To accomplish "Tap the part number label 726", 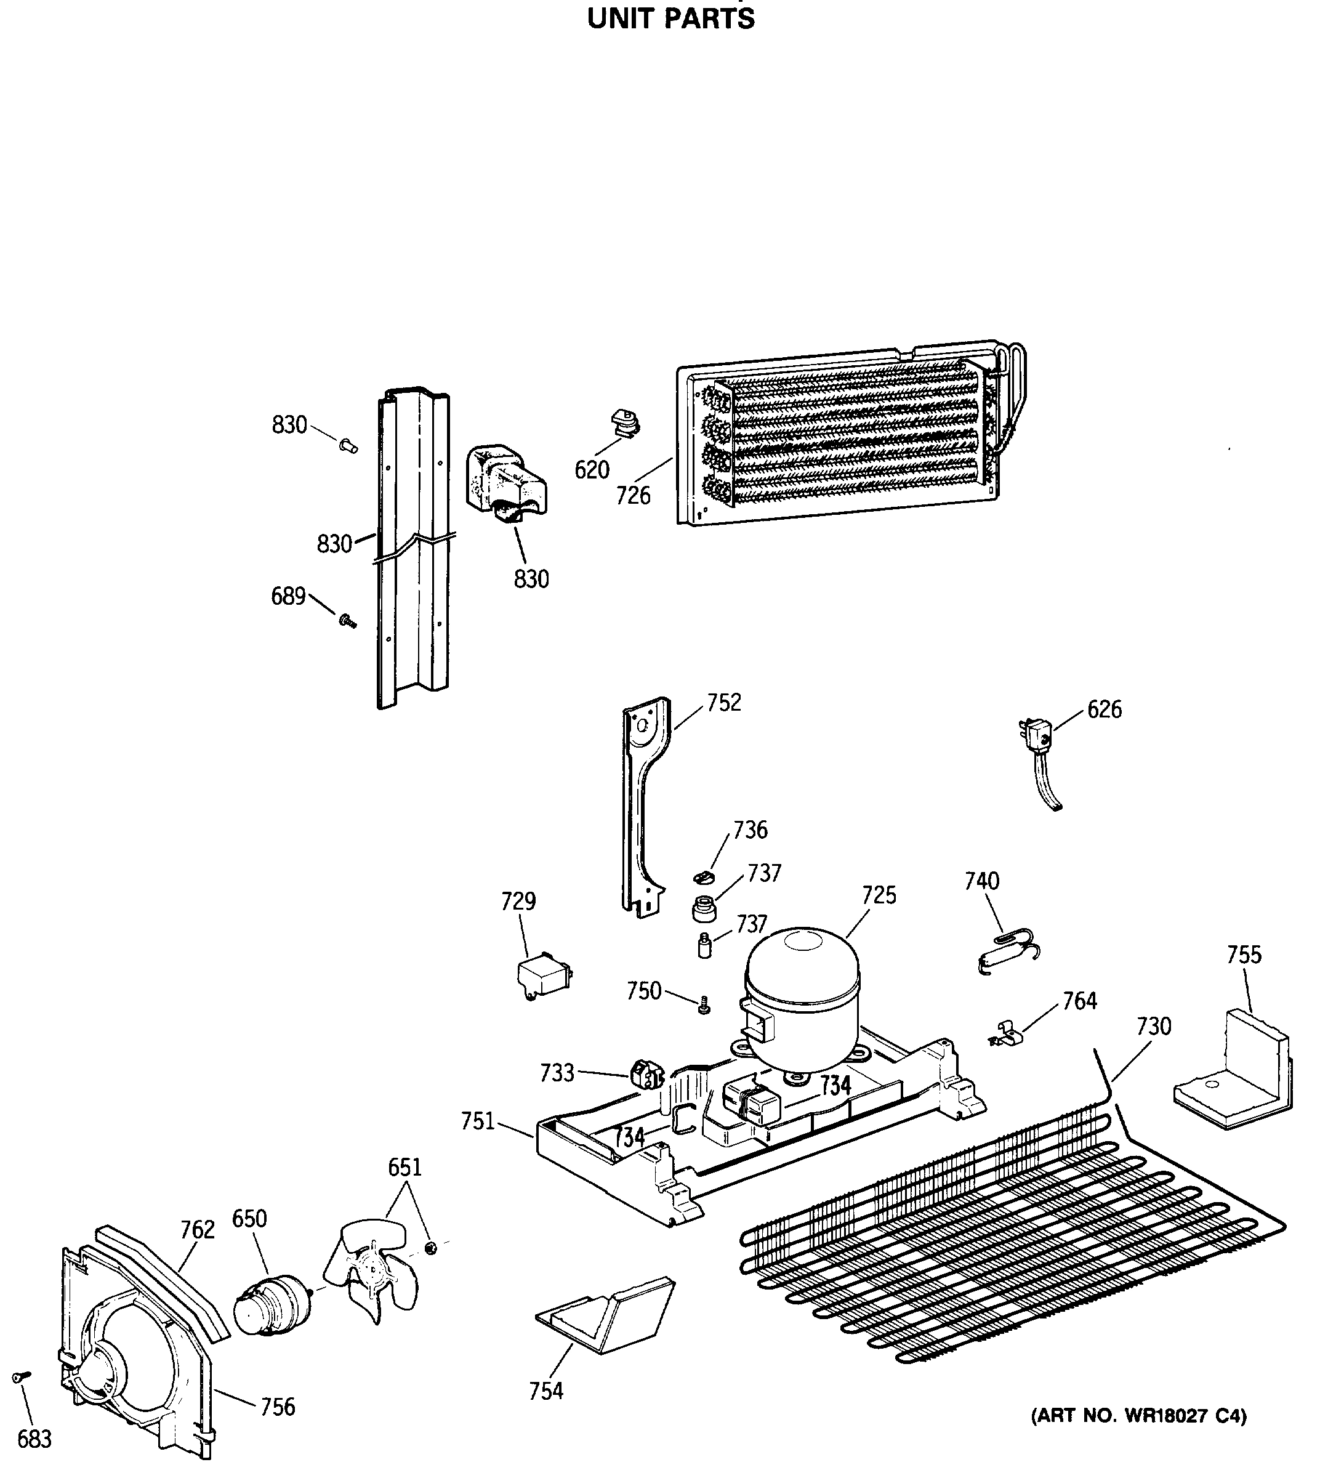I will [x=633, y=496].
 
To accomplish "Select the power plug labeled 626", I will [x=1036, y=738].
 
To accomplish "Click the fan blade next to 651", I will [x=371, y=1270].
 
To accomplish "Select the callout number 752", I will [x=724, y=703].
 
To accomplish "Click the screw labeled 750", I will [x=703, y=1006].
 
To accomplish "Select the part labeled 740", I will [x=1007, y=953].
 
